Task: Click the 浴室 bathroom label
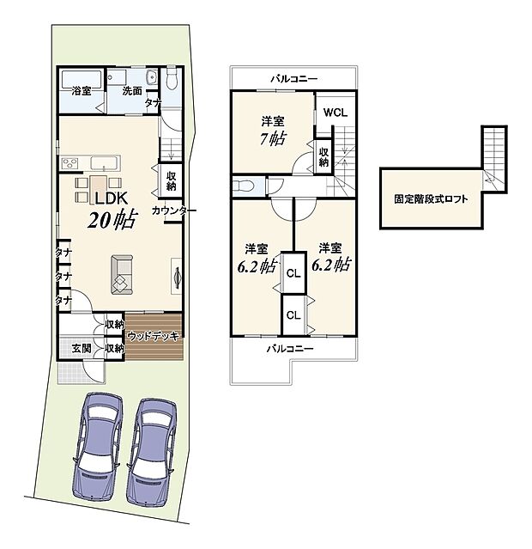point(81,90)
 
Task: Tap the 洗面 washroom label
point(131,90)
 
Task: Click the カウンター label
point(174,210)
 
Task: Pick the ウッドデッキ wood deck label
point(155,336)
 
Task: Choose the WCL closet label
point(335,112)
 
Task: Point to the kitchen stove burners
point(69,163)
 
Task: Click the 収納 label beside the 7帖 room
point(323,155)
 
